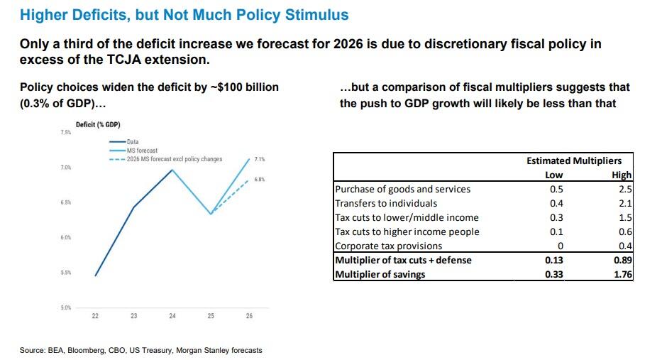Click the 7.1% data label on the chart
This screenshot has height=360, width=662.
click(259, 159)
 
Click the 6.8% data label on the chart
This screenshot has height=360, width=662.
click(260, 180)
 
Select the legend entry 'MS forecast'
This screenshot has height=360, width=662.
click(143, 151)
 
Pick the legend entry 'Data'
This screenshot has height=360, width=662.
click(133, 142)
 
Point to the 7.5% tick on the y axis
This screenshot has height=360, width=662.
click(65, 133)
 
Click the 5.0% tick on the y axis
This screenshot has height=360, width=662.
click(65, 307)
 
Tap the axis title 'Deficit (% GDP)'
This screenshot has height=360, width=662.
click(98, 125)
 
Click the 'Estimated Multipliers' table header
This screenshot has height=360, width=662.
click(574, 161)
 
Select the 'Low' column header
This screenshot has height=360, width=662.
click(554, 175)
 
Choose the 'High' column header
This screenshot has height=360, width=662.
click(622, 175)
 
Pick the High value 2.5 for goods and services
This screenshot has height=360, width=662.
click(625, 189)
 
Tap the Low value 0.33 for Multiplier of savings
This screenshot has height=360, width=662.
click(554, 274)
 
